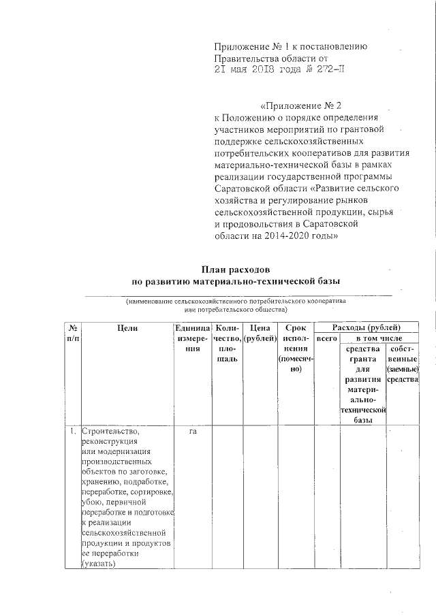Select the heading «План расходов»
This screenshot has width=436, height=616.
click(x=236, y=268)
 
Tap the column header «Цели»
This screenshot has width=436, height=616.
click(x=127, y=327)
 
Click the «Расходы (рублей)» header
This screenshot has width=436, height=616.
click(x=367, y=327)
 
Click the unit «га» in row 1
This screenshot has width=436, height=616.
click(x=193, y=432)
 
